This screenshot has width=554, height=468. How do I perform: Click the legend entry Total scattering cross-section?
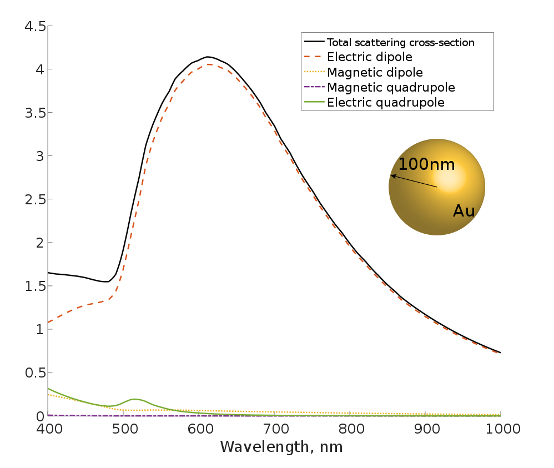point(400,42)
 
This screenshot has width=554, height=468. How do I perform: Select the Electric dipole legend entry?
point(369,57)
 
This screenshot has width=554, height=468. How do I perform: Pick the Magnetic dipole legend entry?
point(375,72)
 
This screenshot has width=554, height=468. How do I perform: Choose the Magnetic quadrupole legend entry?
point(391,87)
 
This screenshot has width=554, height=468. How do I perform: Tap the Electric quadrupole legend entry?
point(386,102)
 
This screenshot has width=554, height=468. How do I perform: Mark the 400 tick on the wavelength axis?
point(48,429)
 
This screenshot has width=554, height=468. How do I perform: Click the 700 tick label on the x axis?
point(274,429)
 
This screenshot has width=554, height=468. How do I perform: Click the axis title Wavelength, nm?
point(281,447)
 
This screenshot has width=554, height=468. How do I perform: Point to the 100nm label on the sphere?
point(426,165)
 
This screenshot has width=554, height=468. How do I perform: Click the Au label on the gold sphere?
point(464,211)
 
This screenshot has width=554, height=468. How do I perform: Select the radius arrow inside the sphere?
point(414,182)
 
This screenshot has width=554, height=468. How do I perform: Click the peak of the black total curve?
point(208,57)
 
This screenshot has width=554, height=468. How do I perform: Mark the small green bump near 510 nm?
point(134,399)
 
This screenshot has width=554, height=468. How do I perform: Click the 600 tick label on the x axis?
point(199,429)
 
